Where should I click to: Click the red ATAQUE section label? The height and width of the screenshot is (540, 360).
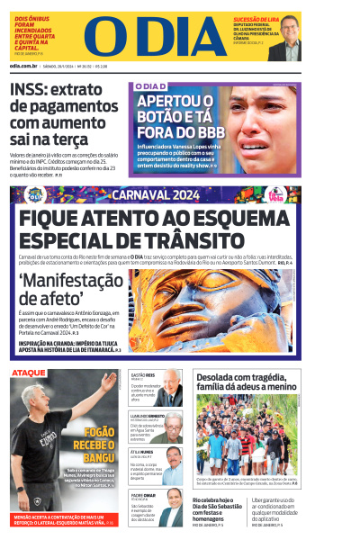tap(28, 372)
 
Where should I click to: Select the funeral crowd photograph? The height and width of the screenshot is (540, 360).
tap(245, 436)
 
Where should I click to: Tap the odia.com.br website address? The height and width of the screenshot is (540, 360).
tap(24, 66)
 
